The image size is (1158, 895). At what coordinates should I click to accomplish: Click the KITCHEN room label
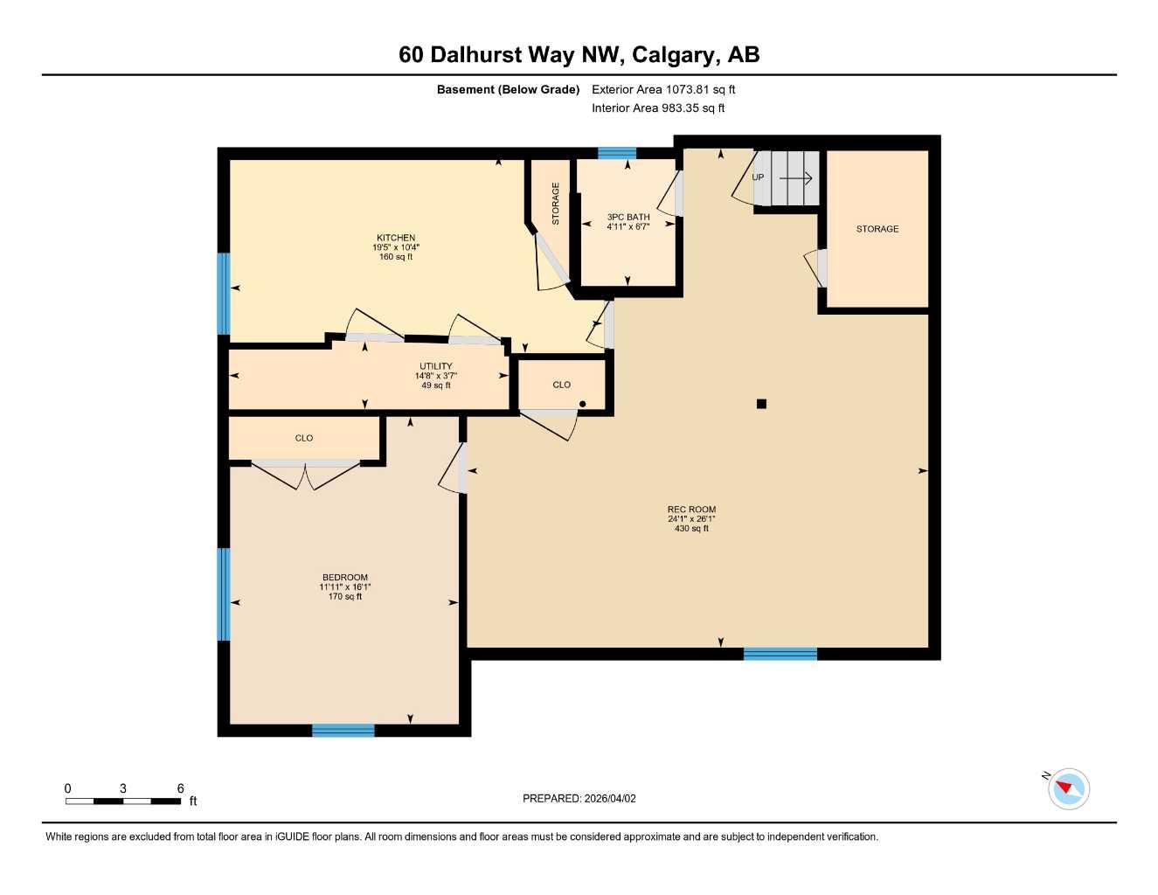[x=396, y=238]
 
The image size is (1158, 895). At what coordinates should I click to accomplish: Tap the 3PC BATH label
[x=628, y=217]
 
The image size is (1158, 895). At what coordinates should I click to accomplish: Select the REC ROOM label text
[x=691, y=510]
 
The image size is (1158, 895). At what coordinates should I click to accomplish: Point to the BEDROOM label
[x=345, y=577]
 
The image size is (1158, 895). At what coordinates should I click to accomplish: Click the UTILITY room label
[x=436, y=366]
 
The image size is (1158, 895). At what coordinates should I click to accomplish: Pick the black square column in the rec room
[x=761, y=404]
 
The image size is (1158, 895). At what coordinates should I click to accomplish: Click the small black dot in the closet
[x=583, y=404]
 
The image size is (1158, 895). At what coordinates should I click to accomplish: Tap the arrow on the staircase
[x=795, y=178]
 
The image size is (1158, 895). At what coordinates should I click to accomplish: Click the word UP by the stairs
[x=758, y=177]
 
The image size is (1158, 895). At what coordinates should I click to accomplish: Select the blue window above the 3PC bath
[x=617, y=154]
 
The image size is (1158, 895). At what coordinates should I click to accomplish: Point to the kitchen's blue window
[x=224, y=294]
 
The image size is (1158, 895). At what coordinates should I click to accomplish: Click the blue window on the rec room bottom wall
[x=780, y=654]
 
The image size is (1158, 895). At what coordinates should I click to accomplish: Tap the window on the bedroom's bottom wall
[x=343, y=731]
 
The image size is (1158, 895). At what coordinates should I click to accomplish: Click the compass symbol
[x=1068, y=789]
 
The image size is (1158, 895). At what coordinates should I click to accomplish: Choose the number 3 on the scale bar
[x=123, y=788]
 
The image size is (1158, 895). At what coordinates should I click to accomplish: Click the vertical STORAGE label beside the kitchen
[x=556, y=204]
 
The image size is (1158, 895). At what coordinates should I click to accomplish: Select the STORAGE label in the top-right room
[x=877, y=229]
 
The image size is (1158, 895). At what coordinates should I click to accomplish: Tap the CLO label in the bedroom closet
[x=304, y=438]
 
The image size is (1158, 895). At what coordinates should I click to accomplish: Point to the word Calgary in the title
[x=673, y=55]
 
